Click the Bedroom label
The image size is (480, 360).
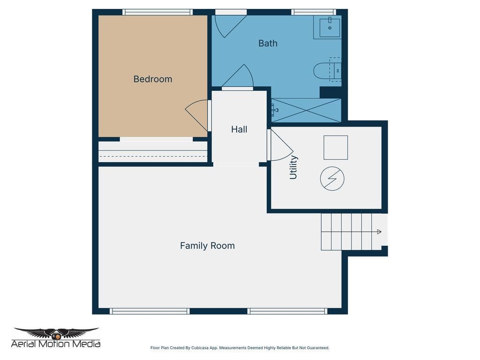pyautogui.click(x=153, y=79)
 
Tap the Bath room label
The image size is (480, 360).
pyautogui.click(x=268, y=43)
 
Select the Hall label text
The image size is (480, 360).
pyautogui.click(x=239, y=129)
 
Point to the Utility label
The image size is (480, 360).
pyautogui.click(x=293, y=167)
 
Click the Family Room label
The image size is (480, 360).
pyautogui.click(x=207, y=246)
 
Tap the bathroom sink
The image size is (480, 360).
pyautogui.click(x=330, y=27)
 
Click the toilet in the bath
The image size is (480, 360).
pyautogui.click(x=327, y=71)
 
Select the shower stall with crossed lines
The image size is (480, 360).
pyautogui.click(x=306, y=110)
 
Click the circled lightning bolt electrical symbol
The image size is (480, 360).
pyautogui.click(x=332, y=179)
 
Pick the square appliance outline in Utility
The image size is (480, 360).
pyautogui.click(x=336, y=148)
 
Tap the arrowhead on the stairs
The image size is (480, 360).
pyautogui.click(x=379, y=232)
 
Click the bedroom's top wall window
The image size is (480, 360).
pyautogui.click(x=157, y=12)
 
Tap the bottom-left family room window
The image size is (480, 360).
pyautogui.click(x=150, y=311)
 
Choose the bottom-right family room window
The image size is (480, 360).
pyautogui.click(x=287, y=311)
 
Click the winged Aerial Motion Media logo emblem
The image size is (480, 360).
pyautogui.click(x=56, y=333)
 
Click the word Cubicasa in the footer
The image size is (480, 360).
pyautogui.click(x=200, y=348)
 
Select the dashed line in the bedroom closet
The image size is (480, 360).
pyautogui.click(x=153, y=157)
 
